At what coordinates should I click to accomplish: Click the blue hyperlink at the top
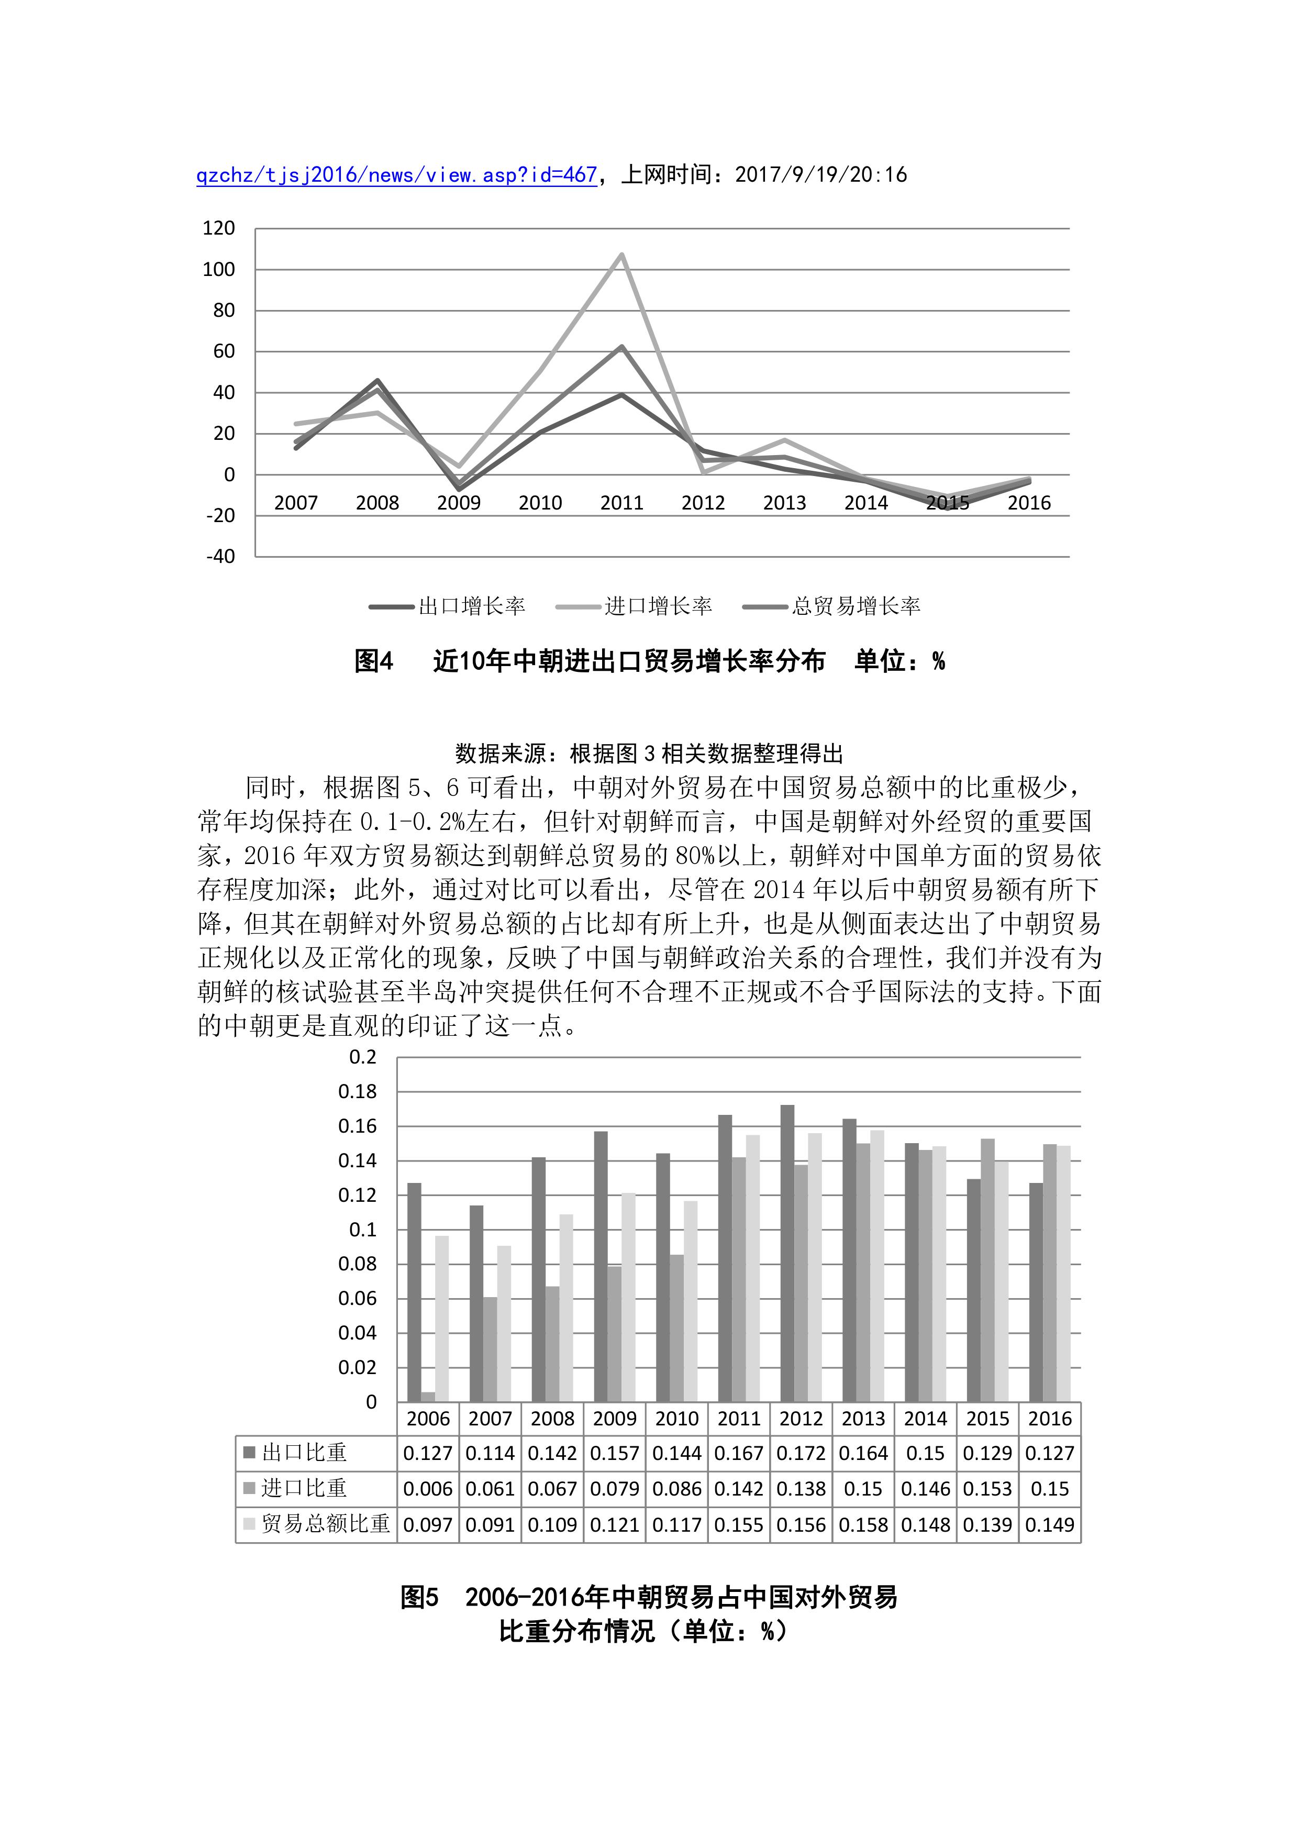(397, 175)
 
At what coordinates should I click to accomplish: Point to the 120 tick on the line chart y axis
(219, 229)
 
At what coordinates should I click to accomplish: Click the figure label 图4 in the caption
(373, 662)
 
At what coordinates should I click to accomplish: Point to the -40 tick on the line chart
(221, 557)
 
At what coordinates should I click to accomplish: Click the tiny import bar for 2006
(428, 1397)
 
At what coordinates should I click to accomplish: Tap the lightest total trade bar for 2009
(629, 1297)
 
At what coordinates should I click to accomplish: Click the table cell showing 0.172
(801, 1454)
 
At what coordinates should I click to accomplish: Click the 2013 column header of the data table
(863, 1419)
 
